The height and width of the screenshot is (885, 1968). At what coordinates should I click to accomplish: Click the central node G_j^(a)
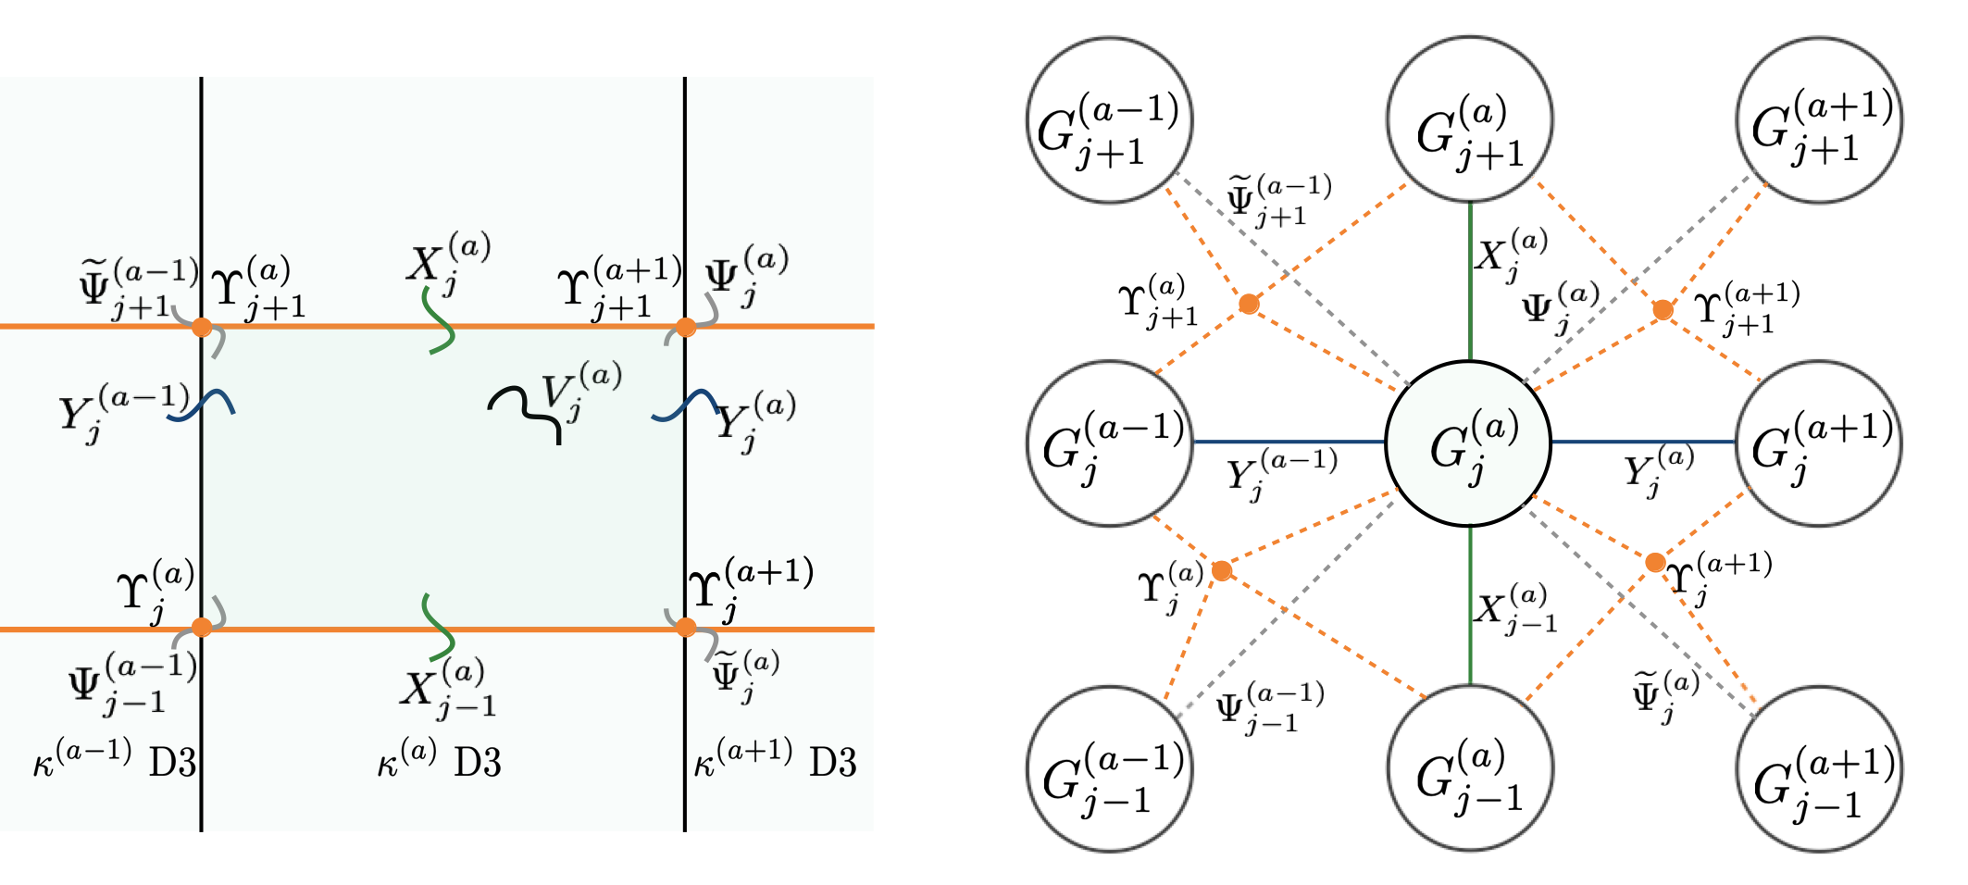pyautogui.click(x=1468, y=443)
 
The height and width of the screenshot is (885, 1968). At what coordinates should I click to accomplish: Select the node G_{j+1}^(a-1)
pyautogui.click(x=1109, y=120)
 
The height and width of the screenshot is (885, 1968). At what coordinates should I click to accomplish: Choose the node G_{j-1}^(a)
pyautogui.click(x=1470, y=768)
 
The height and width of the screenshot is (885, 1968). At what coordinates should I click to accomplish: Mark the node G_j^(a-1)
pyautogui.click(x=1109, y=443)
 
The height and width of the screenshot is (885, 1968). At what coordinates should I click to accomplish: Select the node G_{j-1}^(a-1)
pyautogui.click(x=1109, y=768)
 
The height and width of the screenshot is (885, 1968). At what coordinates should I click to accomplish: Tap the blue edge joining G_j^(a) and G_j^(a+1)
pyautogui.click(x=1643, y=442)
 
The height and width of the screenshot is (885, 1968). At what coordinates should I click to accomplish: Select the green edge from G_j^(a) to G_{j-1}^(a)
pyautogui.click(x=1470, y=605)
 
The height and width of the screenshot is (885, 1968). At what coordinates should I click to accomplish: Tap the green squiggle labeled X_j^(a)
pyautogui.click(x=439, y=320)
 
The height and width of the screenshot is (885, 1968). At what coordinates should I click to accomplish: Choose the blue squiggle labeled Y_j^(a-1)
pyautogui.click(x=201, y=406)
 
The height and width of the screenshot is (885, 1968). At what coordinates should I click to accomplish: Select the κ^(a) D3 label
pyautogui.click(x=439, y=763)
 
